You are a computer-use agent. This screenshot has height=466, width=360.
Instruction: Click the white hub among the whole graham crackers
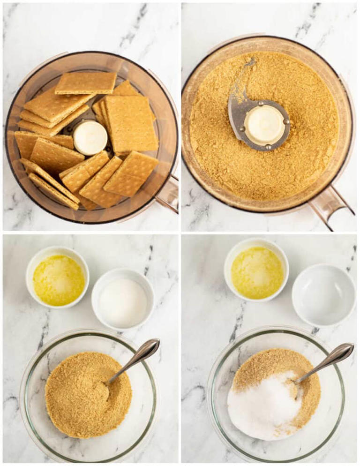pos(90,138)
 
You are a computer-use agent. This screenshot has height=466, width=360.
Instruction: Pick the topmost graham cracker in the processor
pos(86,83)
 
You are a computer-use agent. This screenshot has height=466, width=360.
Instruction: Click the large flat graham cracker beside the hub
pos(131,124)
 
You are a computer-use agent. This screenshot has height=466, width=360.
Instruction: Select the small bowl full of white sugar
pos(123,299)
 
